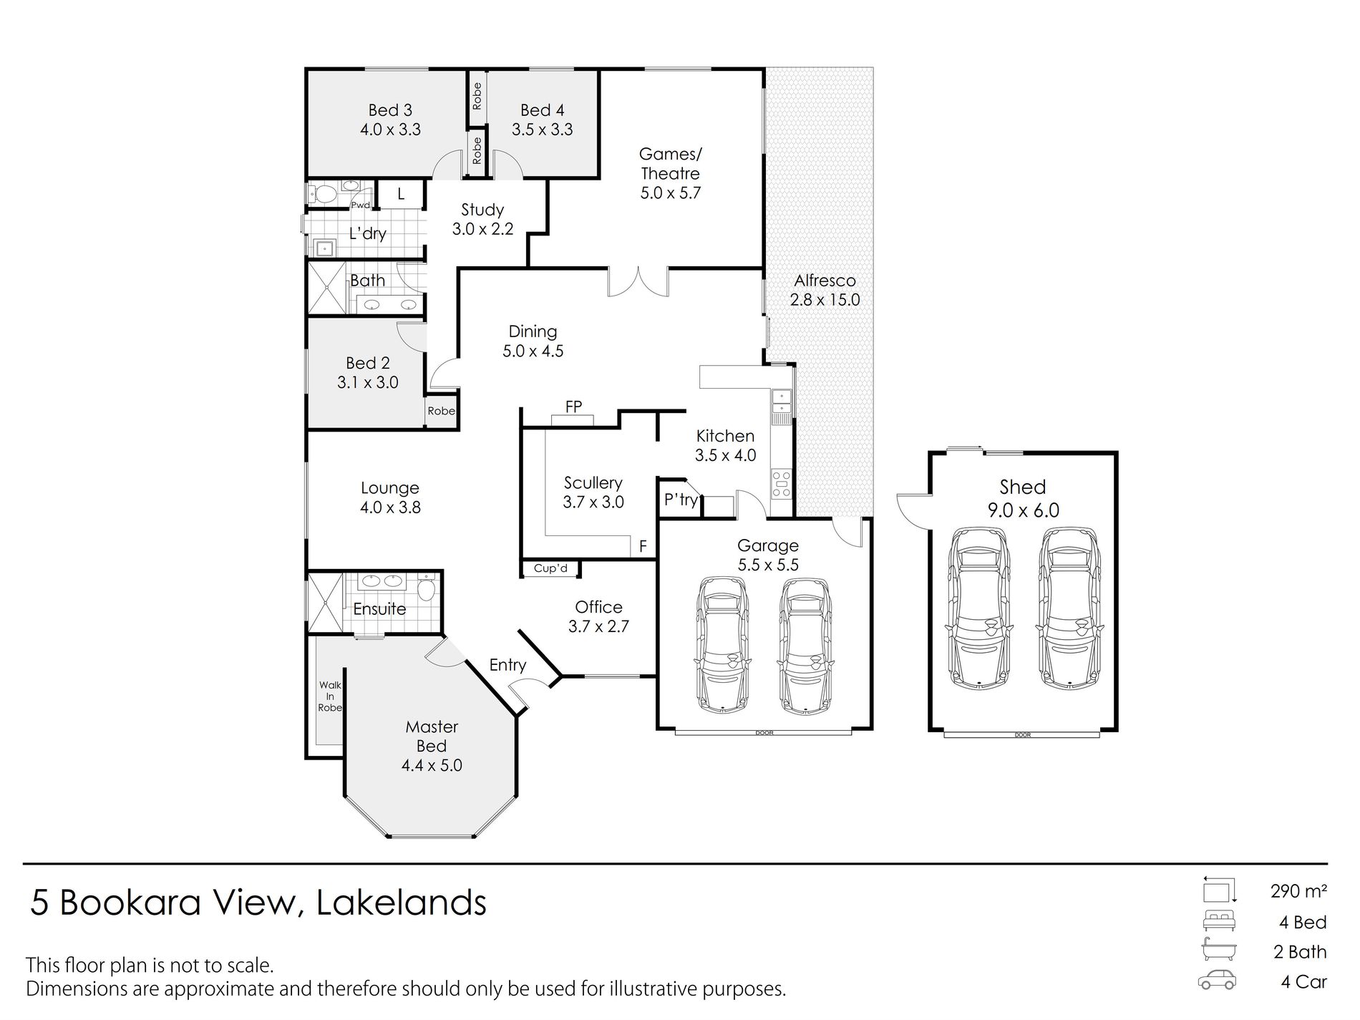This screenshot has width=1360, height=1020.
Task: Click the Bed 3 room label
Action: pyautogui.click(x=390, y=110)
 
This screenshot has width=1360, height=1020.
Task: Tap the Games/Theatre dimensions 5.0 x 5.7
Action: pyautogui.click(x=671, y=193)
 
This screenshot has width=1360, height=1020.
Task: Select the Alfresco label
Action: pyautogui.click(x=825, y=281)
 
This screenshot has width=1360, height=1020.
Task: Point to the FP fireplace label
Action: pyautogui.click(x=573, y=407)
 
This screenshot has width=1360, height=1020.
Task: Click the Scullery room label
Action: pyautogui.click(x=593, y=483)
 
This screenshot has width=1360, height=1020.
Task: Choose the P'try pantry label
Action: pyautogui.click(x=681, y=499)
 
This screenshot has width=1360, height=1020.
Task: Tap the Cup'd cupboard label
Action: pyautogui.click(x=550, y=568)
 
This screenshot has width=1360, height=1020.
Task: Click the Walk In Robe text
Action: pyautogui.click(x=330, y=696)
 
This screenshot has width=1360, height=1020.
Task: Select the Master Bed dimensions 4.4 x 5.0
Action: pyautogui.click(x=432, y=765)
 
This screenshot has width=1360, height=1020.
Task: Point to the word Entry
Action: pyautogui.click(x=507, y=665)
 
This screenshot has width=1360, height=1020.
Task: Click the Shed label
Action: pyautogui.click(x=1023, y=487)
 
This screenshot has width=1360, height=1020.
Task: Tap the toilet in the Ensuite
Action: pyautogui.click(x=427, y=588)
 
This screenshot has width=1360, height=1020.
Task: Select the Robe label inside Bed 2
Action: pyautogui.click(x=442, y=411)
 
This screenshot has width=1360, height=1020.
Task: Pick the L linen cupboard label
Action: pyautogui.click(x=401, y=194)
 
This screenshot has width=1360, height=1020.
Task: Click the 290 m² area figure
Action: pyautogui.click(x=1298, y=891)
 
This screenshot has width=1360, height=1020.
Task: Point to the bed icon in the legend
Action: pyautogui.click(x=1219, y=921)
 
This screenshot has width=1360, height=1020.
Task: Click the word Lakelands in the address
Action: pyautogui.click(x=401, y=903)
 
